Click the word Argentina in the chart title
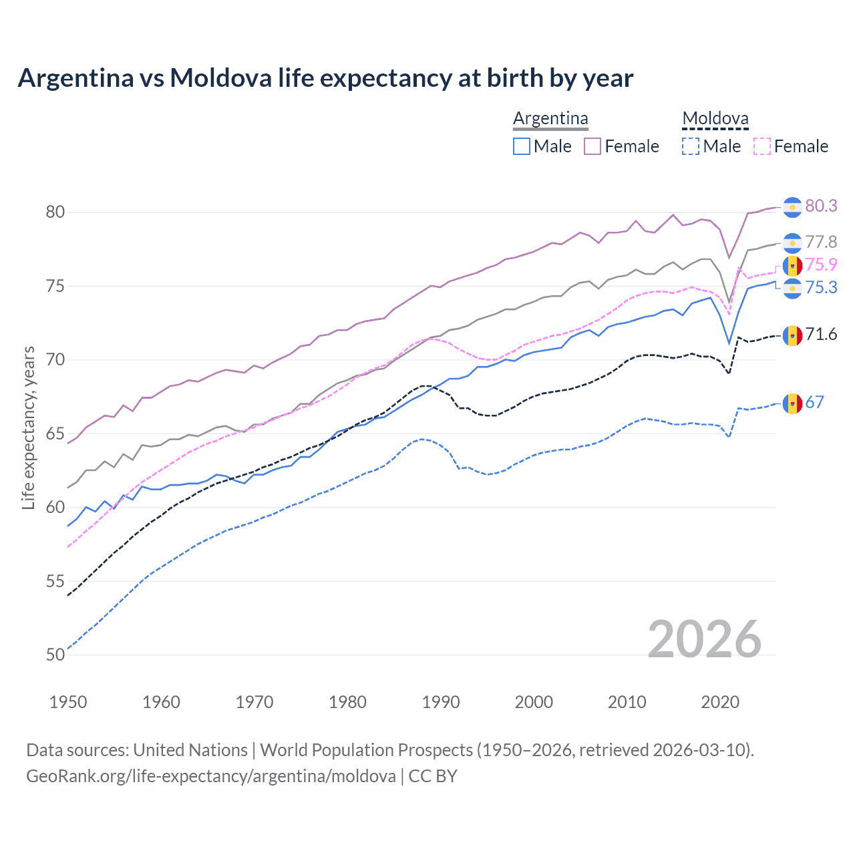[x=76, y=78]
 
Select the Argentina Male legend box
[x=522, y=146]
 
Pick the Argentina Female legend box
[x=592, y=146]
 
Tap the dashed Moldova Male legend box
[x=691, y=146]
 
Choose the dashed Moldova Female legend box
[x=761, y=146]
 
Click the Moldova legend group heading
[x=715, y=119]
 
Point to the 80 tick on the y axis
[x=55, y=212]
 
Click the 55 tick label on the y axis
[x=55, y=581]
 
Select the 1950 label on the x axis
[x=68, y=702]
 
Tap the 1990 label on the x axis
[x=441, y=702]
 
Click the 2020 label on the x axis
[x=720, y=702]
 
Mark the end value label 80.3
[x=821, y=206]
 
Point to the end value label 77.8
[x=821, y=242]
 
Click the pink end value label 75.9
[x=821, y=265]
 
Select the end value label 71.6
[x=821, y=334]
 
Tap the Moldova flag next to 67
[x=792, y=403]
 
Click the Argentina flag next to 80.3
[x=792, y=207]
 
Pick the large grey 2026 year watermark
[x=705, y=639]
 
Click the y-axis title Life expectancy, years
[x=29, y=427]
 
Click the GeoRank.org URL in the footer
[x=210, y=776]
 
